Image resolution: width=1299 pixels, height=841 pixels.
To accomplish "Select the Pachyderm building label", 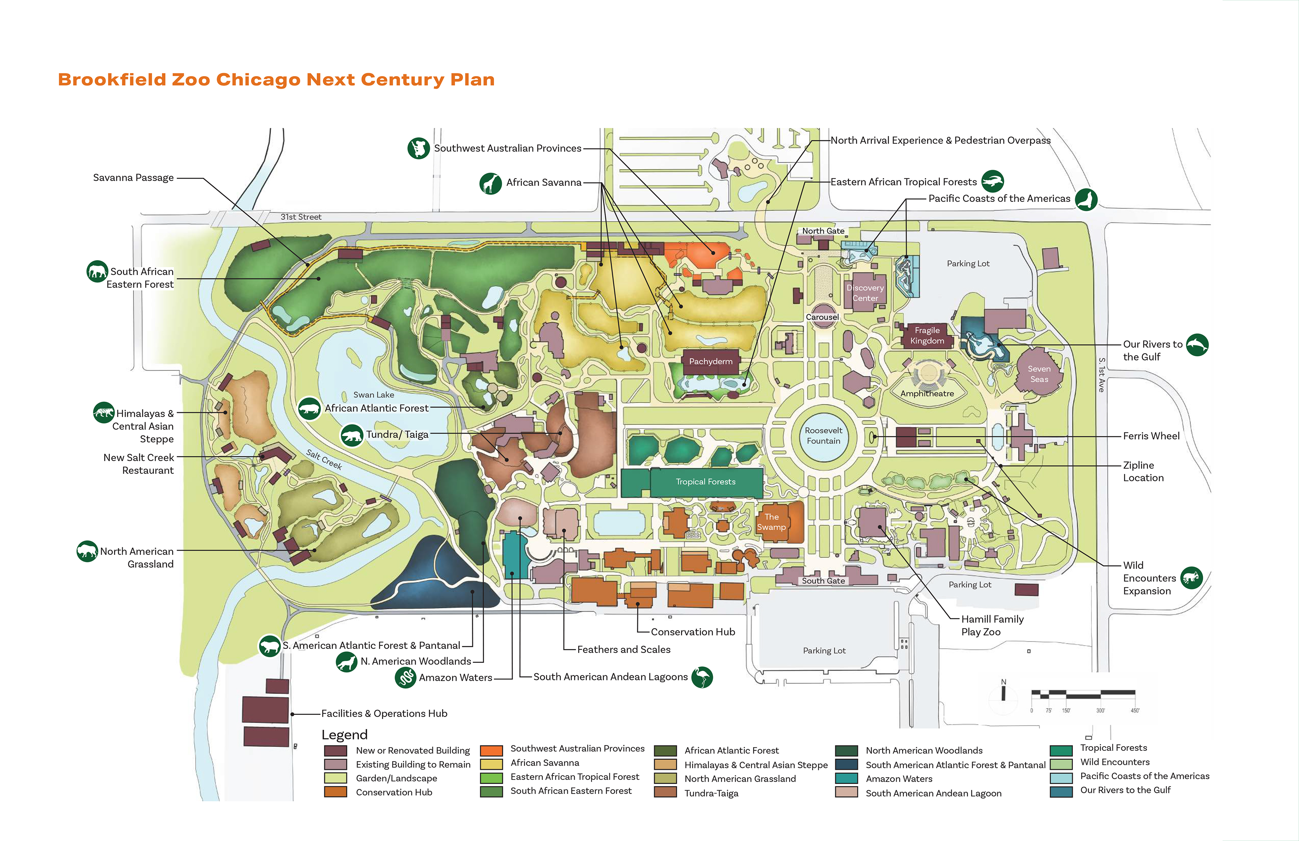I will pyautogui.click(x=711, y=362).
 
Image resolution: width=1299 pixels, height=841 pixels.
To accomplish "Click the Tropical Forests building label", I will pyautogui.click(x=705, y=482).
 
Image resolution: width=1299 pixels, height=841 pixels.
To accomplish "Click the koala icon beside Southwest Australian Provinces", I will pyautogui.click(x=419, y=148).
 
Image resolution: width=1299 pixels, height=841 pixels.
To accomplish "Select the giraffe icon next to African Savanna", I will pyautogui.click(x=490, y=183).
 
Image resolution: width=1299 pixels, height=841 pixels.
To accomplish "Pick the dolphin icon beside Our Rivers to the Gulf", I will pyautogui.click(x=1197, y=344).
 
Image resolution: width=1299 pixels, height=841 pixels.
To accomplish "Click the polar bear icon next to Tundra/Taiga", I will pyautogui.click(x=352, y=435).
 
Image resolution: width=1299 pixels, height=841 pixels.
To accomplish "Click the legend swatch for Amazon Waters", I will pyautogui.click(x=846, y=779).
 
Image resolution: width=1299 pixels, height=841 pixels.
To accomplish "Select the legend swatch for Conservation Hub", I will pyautogui.click(x=335, y=792).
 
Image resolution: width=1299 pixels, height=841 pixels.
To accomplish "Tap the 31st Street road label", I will pyautogui.click(x=301, y=217).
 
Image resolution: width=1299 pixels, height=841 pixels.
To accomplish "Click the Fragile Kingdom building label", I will pyautogui.click(x=927, y=335).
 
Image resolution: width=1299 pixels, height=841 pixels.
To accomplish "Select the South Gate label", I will pyautogui.click(x=823, y=581).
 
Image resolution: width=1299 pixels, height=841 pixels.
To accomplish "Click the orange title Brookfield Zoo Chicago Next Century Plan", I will pyautogui.click(x=276, y=80).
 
